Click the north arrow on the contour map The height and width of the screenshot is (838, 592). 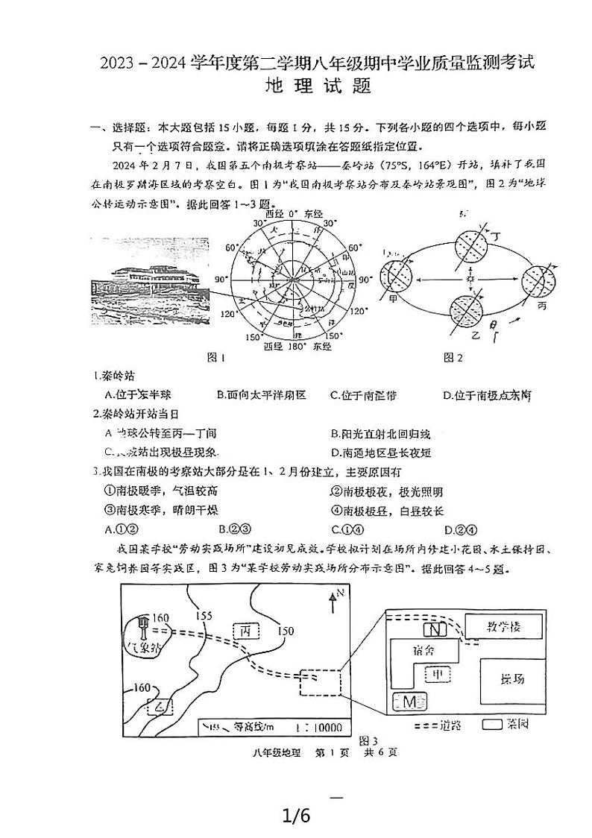tap(333, 599)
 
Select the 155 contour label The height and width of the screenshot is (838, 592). tap(203, 616)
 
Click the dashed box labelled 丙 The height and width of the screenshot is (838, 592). tap(246, 631)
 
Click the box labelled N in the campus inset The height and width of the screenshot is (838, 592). tap(438, 629)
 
